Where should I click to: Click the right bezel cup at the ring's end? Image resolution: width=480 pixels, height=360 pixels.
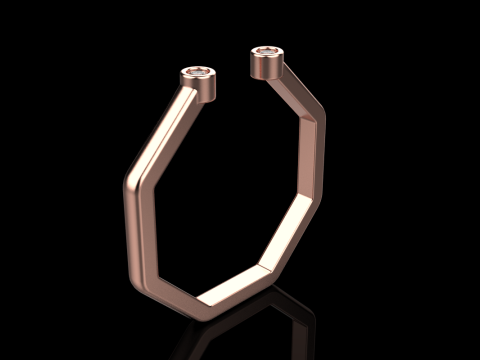click(267, 63)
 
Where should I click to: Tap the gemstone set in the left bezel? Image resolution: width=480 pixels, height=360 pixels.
click(199, 73)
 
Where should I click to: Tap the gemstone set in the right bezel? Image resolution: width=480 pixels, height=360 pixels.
click(267, 50)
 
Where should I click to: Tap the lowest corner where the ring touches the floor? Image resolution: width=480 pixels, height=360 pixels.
click(195, 300)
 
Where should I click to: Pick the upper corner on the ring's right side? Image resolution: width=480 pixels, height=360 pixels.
click(322, 119)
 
